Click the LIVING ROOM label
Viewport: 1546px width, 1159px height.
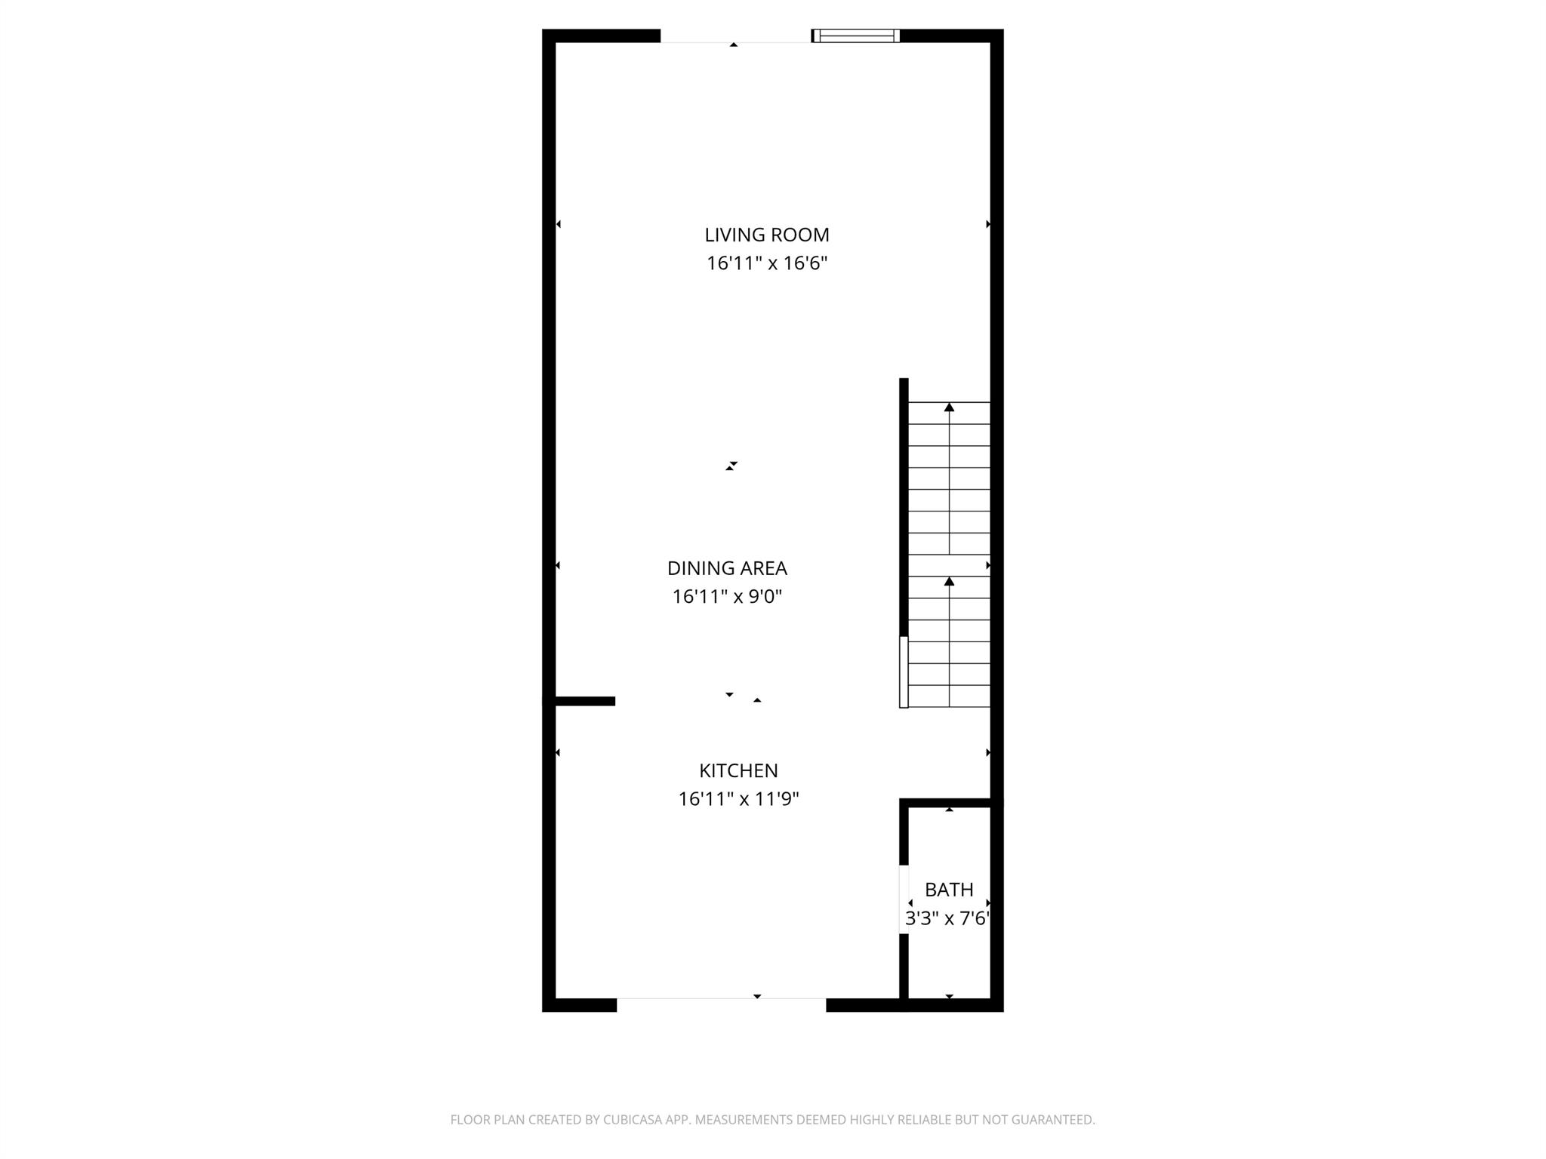766,235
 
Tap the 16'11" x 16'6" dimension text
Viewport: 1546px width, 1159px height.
766,263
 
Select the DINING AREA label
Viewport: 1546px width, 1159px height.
726,568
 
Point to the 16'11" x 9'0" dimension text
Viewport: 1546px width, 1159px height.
726,597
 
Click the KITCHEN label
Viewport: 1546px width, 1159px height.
738,770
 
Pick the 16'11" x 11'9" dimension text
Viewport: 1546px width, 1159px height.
738,799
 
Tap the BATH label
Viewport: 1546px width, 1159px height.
948,890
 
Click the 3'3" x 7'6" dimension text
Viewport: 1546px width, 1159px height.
947,918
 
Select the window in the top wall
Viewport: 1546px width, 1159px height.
855,35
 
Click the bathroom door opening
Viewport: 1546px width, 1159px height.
904,899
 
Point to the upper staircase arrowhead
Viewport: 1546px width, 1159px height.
949,407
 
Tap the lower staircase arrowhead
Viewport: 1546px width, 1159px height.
949,581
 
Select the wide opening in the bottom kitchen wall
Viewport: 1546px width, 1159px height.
721,1004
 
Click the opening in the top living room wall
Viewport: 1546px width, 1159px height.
735,36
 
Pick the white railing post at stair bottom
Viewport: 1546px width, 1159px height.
904,672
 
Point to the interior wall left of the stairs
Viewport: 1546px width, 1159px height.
904,506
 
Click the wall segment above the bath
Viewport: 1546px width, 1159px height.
950,803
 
